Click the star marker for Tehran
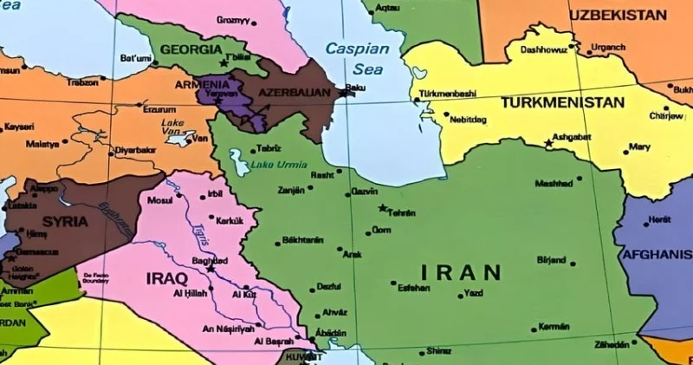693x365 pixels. coord(382,208)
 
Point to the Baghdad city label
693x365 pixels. coord(209,260)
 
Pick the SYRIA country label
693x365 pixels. coord(65,221)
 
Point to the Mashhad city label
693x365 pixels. coord(554,184)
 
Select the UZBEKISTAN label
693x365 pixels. coord(619,15)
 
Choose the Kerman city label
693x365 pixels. coord(554,327)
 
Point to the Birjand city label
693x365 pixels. coord(551,260)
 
